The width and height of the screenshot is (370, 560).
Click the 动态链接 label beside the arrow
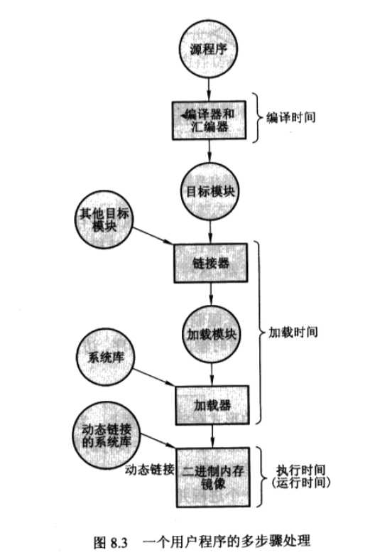click(x=149, y=469)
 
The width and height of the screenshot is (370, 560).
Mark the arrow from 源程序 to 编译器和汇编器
click(x=207, y=89)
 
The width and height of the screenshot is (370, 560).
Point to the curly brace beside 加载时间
click(x=260, y=332)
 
